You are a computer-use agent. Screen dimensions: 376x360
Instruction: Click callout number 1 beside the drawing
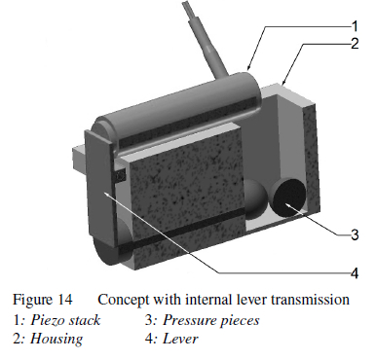(355, 26)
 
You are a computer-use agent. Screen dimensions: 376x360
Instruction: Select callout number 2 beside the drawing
(355, 44)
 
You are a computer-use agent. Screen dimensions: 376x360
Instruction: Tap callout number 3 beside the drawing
(355, 234)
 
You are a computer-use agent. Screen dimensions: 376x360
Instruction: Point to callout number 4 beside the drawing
(355, 273)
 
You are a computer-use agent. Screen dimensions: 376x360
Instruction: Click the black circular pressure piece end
(289, 198)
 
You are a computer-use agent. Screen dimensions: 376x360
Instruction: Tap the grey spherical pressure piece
(255, 198)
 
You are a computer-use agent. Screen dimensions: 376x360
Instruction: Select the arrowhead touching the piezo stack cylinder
(249, 66)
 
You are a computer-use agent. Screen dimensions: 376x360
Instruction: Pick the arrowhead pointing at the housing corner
(285, 81)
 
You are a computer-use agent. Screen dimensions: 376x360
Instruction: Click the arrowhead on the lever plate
(108, 195)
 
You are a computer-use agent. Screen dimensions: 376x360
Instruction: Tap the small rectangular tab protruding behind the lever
(79, 158)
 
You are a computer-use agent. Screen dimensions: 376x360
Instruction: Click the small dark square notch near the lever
(120, 176)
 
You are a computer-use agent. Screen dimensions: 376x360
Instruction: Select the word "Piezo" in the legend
(47, 320)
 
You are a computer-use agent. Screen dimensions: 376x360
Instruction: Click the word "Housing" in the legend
(56, 339)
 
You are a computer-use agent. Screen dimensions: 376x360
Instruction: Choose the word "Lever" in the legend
(180, 339)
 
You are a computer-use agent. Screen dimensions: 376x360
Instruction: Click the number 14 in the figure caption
(65, 299)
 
